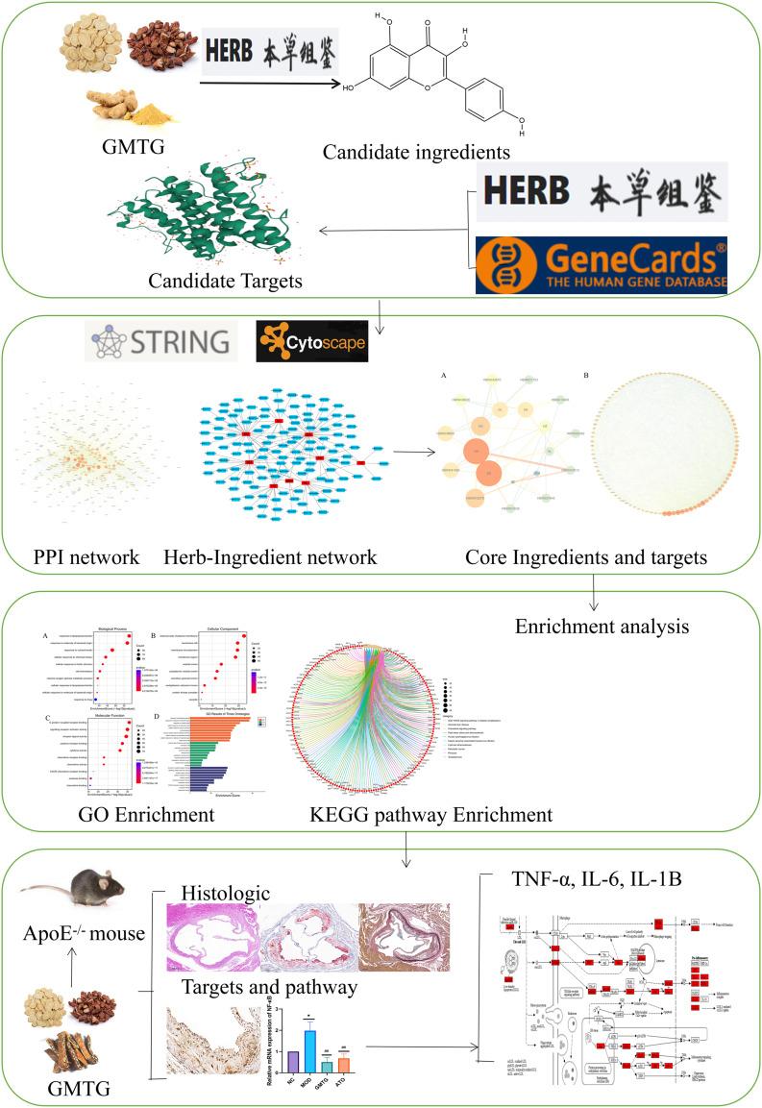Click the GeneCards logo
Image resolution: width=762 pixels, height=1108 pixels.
coord(602,265)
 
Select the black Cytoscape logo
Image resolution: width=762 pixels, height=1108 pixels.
coord(310,341)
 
